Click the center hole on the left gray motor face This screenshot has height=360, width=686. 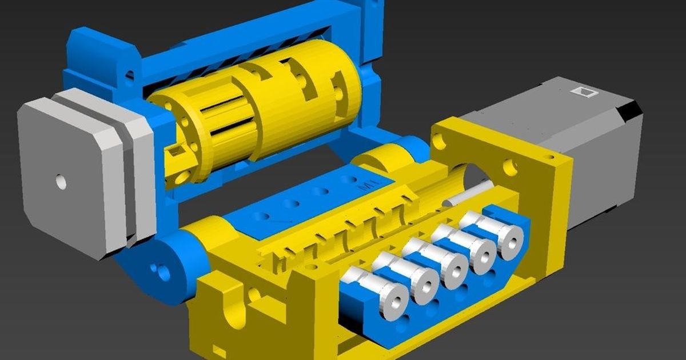coord(61,182)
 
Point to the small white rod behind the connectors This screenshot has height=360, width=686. coord(469,194)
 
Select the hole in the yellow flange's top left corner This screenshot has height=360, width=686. coord(438,138)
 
